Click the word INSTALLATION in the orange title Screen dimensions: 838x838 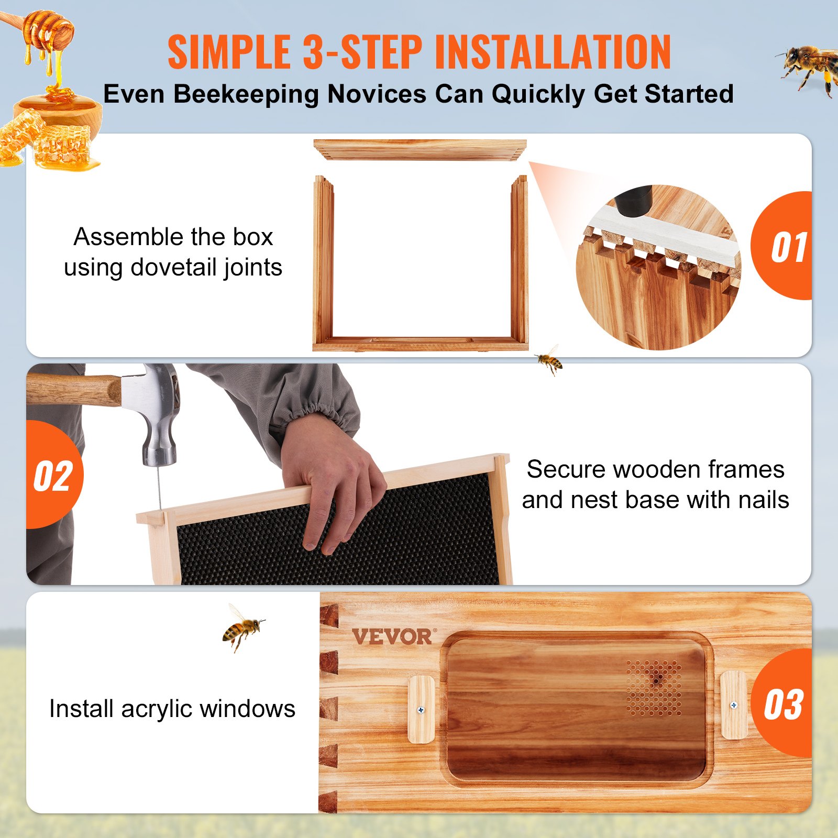(553, 52)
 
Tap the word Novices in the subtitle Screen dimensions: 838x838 (377, 94)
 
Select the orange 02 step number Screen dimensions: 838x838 (53, 477)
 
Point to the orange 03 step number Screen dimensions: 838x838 (784, 705)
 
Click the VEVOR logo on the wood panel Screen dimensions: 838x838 (392, 637)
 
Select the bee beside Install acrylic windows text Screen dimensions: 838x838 (241, 627)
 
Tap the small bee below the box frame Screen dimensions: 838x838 (549, 360)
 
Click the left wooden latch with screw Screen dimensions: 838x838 (421, 709)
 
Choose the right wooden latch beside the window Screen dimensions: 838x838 (733, 705)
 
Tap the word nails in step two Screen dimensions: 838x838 (763, 500)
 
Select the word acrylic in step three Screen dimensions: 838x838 (157, 709)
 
